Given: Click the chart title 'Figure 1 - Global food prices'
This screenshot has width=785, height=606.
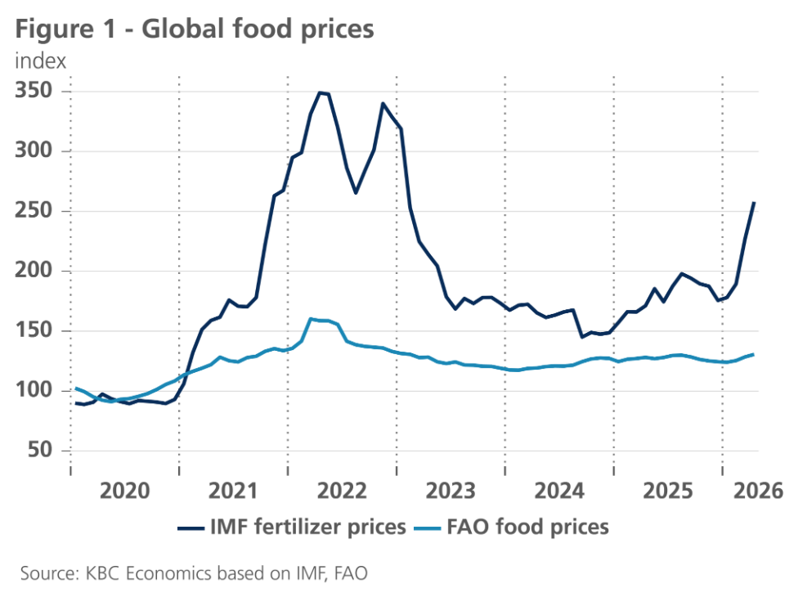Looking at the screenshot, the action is pyautogui.click(x=195, y=29).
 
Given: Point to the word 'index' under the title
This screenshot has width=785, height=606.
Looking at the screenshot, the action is pyautogui.click(x=41, y=61).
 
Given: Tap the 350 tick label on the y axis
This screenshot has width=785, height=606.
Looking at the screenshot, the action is pyautogui.click(x=34, y=91).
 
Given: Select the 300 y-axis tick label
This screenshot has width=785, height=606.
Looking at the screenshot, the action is pyautogui.click(x=34, y=150).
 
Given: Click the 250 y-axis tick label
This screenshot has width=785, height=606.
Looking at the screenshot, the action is pyautogui.click(x=34, y=210).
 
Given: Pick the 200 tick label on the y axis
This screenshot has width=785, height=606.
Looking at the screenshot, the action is pyautogui.click(x=34, y=271).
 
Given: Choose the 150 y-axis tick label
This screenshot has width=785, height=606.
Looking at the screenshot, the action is pyautogui.click(x=34, y=330).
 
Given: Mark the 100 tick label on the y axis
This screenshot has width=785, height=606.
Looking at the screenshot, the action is pyautogui.click(x=34, y=390).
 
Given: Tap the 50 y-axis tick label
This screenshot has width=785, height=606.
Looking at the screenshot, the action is pyautogui.click(x=40, y=450).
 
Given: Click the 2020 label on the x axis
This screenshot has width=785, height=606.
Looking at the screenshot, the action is pyautogui.click(x=124, y=491).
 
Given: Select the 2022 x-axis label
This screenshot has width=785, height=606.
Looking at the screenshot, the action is pyautogui.click(x=342, y=491).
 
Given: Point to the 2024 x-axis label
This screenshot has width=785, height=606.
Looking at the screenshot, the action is pyautogui.click(x=559, y=491).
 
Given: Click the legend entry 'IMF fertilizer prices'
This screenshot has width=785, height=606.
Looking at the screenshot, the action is pyautogui.click(x=292, y=527).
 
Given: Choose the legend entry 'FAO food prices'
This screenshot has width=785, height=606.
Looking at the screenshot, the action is pyautogui.click(x=512, y=527).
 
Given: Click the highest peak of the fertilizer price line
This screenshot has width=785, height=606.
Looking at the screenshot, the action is pyautogui.click(x=320, y=92).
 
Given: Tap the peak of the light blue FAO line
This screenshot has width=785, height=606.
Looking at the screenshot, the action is pyautogui.click(x=311, y=318).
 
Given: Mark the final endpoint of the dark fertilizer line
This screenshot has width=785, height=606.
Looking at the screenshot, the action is pyautogui.click(x=754, y=202).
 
